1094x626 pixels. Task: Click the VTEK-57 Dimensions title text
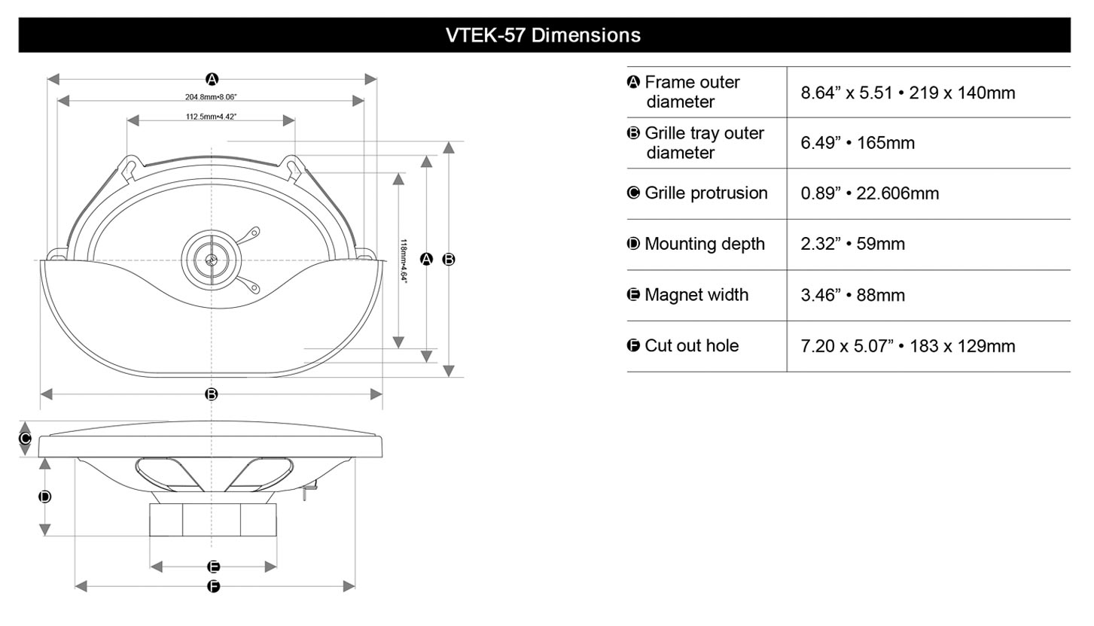(543, 35)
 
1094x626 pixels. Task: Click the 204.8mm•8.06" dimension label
(211, 97)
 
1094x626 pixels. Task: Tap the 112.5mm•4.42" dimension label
(212, 117)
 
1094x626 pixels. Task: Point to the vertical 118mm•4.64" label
(404, 260)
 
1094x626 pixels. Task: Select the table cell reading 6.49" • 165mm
(858, 143)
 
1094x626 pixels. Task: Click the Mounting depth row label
(704, 244)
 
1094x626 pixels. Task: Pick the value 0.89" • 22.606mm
(870, 193)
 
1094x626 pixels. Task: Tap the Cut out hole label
(691, 346)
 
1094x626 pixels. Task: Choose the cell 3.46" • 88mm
(852, 295)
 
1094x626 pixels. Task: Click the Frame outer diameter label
(691, 92)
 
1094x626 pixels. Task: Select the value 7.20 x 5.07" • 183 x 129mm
(907, 346)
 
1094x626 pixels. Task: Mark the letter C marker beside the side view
(24, 439)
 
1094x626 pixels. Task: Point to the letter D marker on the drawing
(44, 497)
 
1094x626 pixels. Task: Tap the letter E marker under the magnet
(213, 567)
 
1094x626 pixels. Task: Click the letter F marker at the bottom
(213, 586)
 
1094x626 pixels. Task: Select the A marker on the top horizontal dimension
(212, 79)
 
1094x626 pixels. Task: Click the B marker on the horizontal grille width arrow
(212, 394)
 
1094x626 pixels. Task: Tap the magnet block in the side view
(213, 520)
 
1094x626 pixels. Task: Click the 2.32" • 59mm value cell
(852, 244)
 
